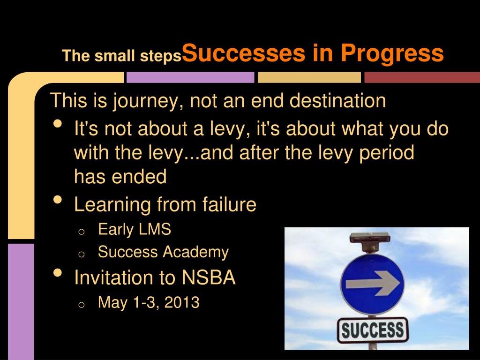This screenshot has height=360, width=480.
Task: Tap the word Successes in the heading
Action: [x=243, y=52]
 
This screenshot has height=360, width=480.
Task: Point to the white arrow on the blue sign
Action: [x=373, y=284]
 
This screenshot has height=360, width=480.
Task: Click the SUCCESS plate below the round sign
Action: [x=373, y=330]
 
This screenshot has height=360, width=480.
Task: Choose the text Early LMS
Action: [x=135, y=229]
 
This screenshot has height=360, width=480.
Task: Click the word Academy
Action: [x=195, y=252]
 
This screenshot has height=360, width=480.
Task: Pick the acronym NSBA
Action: [x=209, y=277]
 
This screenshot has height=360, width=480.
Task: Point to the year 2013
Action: [x=182, y=302]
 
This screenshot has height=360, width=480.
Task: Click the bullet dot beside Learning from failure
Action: [x=58, y=200]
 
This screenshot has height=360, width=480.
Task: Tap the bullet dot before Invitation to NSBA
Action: [x=58, y=273]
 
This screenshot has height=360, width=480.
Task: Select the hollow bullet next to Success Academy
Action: [x=81, y=255]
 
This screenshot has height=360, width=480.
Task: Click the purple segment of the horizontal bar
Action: [x=190, y=77]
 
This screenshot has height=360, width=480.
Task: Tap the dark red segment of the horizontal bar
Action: [x=422, y=77]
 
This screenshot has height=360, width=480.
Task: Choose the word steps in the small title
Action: [x=161, y=56]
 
